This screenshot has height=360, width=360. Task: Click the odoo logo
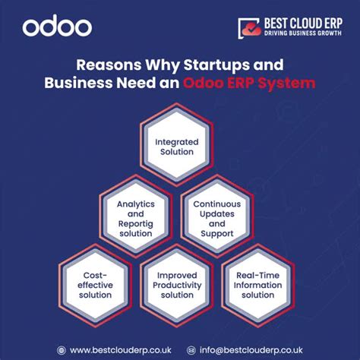57,28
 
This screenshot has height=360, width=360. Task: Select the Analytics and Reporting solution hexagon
134,218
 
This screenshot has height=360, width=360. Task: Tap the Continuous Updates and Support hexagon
217,219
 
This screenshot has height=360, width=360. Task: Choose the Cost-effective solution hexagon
95,285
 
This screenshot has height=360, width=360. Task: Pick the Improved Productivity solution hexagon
177,285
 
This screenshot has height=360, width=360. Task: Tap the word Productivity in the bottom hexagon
177,285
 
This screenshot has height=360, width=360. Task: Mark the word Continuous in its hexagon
217,204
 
